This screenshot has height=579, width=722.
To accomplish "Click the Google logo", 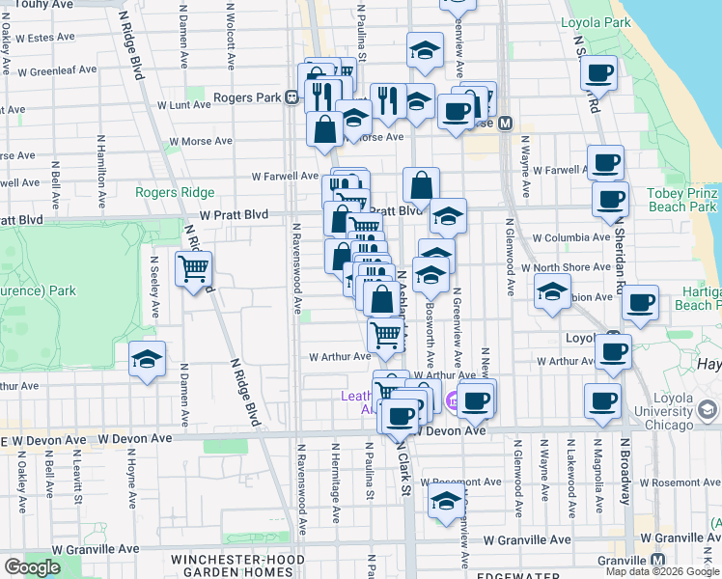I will [x=32, y=566].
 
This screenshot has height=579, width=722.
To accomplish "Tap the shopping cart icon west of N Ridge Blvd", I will [x=194, y=269].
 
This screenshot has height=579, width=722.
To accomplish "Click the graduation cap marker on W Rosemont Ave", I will [x=446, y=503].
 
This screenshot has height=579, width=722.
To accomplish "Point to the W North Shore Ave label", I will [x=567, y=267].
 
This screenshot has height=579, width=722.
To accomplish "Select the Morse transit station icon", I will [x=504, y=124].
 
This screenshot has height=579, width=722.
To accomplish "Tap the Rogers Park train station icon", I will [x=291, y=96].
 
